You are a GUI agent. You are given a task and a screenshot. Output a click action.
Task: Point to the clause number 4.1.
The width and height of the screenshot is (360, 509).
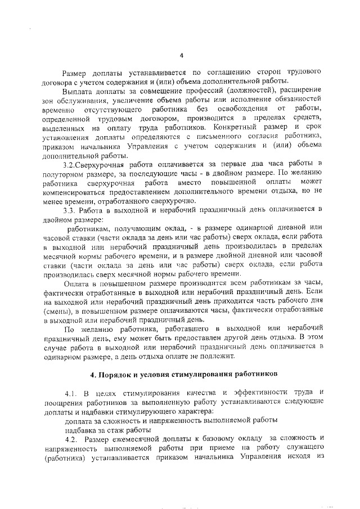pyautogui.click(x=72, y=391)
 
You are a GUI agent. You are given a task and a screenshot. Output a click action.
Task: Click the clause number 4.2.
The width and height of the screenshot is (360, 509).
pyautogui.click(x=72, y=438)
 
